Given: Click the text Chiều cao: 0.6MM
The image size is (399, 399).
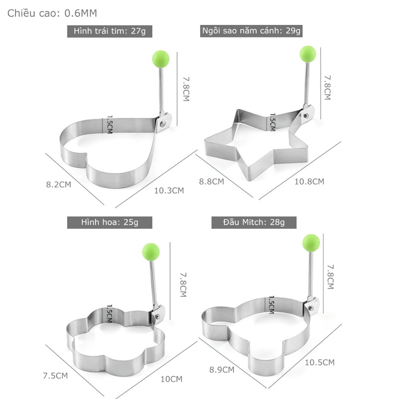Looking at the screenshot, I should [x=52, y=13].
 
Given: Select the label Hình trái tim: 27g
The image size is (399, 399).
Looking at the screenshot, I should [x=110, y=31].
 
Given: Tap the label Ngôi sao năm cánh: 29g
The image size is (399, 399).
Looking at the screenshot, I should [x=251, y=31].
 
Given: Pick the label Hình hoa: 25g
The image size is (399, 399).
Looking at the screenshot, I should [x=110, y=222].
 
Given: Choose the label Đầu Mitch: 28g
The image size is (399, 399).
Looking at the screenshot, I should [x=254, y=222].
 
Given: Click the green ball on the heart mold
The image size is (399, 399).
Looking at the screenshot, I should [x=160, y=58].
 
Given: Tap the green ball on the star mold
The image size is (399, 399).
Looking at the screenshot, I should [x=307, y=54].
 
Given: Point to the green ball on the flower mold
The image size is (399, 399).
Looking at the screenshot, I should [x=151, y=251].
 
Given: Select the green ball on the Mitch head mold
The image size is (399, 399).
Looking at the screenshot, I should [x=311, y=242].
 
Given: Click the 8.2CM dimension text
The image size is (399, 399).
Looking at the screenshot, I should [x=59, y=184].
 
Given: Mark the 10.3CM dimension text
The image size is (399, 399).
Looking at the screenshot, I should [x=169, y=191].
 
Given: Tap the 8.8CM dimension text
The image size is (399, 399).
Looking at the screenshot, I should [x=212, y=181].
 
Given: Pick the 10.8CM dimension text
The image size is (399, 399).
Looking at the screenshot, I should [x=309, y=181].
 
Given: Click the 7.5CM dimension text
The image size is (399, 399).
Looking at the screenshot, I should [x=55, y=376].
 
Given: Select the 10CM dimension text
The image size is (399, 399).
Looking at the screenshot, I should [x=171, y=379].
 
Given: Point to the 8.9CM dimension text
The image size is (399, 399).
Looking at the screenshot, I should [x=222, y=369].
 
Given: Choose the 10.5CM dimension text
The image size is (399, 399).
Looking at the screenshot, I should [x=320, y=362].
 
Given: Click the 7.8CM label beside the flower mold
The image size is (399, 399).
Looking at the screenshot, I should [x=183, y=284].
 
